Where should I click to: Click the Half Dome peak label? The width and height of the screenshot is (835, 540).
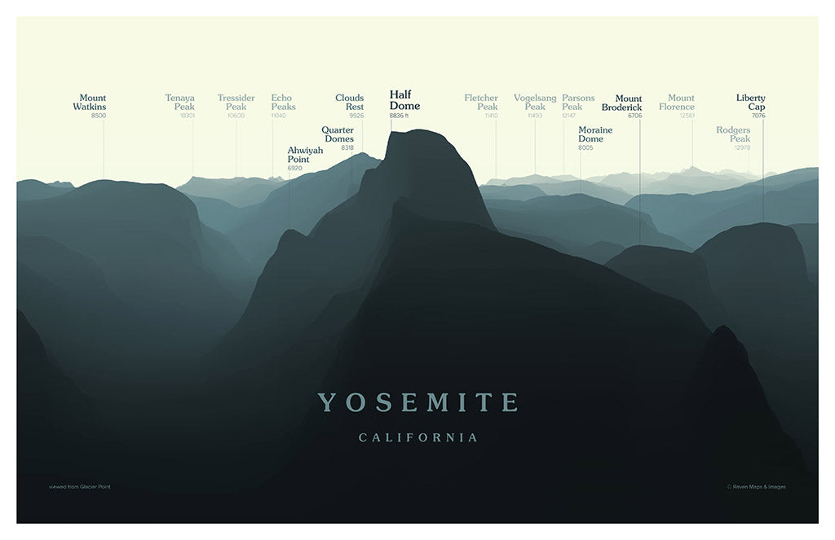pyautogui.click(x=404, y=100)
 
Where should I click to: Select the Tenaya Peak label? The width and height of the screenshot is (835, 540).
pyautogui.click(x=180, y=103)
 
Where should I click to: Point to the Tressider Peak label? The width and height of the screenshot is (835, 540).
pyautogui.click(x=236, y=103)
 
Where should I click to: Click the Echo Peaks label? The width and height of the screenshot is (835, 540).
pyautogui.click(x=283, y=103)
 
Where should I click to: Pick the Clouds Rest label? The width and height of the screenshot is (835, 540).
pyautogui.click(x=350, y=103)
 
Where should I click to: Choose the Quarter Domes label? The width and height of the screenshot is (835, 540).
pyautogui.click(x=338, y=134)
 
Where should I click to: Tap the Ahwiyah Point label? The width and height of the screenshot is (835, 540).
pyautogui.click(x=305, y=155)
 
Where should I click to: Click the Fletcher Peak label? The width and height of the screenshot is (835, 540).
pyautogui.click(x=481, y=103)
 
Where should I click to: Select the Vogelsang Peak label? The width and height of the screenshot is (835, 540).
pyautogui.click(x=535, y=103)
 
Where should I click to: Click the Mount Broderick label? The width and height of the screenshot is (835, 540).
pyautogui.click(x=622, y=103)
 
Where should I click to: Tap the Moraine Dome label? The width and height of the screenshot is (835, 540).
pyautogui.click(x=595, y=134)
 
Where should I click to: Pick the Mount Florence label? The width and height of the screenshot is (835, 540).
pyautogui.click(x=677, y=103)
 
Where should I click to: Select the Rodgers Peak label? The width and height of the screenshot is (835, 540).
pyautogui.click(x=733, y=134)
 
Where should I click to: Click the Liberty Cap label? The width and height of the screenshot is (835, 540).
pyautogui.click(x=751, y=103)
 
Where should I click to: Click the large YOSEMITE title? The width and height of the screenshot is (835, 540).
pyautogui.click(x=417, y=402)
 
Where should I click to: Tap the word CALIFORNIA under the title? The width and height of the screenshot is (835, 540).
pyautogui.click(x=418, y=438)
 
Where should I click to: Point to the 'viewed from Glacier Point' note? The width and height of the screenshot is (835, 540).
pyautogui.click(x=79, y=487)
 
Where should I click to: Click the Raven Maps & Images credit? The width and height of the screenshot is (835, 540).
pyautogui.click(x=757, y=487)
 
